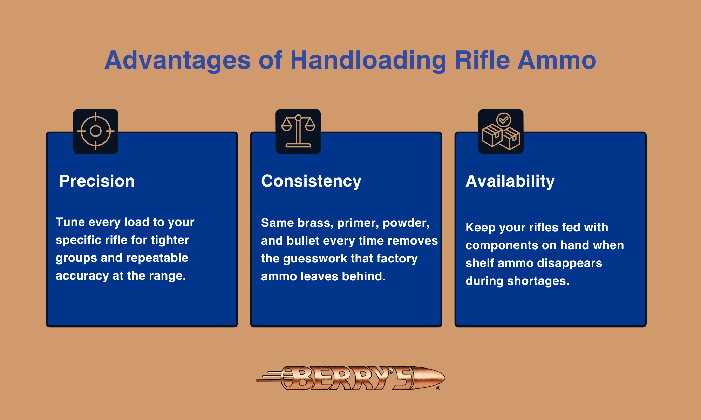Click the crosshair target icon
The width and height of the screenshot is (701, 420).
[96, 131]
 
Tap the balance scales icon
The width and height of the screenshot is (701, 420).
[298, 131]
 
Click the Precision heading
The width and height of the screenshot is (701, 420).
[97, 181]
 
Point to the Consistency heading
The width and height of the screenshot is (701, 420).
[311, 181]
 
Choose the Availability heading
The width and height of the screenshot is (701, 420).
[510, 181]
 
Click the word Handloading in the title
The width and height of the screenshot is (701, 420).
[368, 60]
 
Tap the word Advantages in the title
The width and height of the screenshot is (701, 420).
[178, 60]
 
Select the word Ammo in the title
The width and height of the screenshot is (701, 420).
[557, 60]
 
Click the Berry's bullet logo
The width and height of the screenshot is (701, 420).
[350, 378]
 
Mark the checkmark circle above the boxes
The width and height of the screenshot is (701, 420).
[504, 120]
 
